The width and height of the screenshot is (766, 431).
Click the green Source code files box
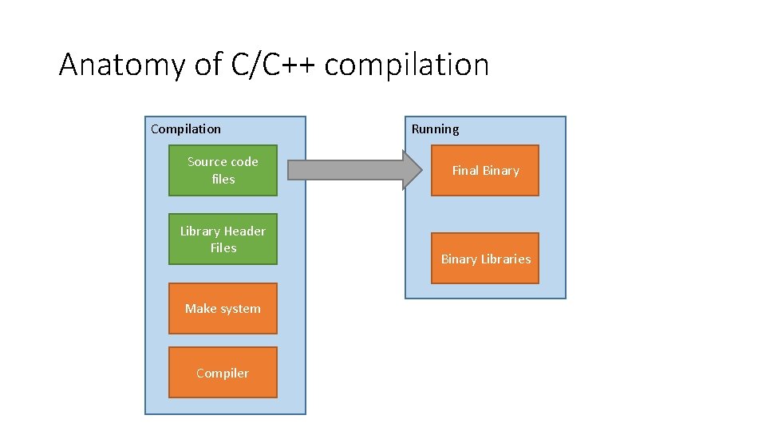point(223,170)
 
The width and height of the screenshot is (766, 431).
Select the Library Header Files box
point(223,239)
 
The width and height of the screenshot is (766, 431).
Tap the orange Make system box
point(223,308)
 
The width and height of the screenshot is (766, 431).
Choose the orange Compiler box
point(223,373)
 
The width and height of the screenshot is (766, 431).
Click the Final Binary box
point(485,170)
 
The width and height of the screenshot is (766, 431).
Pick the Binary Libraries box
point(485,259)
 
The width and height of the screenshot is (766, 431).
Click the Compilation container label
point(186,129)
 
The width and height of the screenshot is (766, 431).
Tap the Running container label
point(435,129)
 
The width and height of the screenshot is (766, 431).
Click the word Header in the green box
point(245,231)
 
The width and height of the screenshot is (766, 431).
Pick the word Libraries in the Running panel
point(505,259)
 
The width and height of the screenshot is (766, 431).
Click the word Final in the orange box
point(464,170)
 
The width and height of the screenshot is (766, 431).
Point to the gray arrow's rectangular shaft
point(343,170)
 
